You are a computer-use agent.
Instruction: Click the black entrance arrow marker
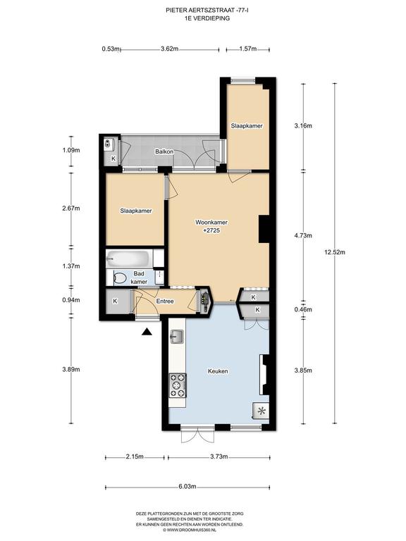[x=147, y=332]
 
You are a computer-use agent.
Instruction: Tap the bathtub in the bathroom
[x=129, y=258]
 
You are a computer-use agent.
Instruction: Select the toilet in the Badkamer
[x=118, y=278]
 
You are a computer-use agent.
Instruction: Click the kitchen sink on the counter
[x=176, y=337]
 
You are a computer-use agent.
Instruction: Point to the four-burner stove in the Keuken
[x=178, y=385]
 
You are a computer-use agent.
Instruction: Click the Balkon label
[x=164, y=151]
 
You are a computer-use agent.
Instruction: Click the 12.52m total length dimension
[x=334, y=252]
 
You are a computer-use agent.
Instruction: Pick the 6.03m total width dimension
[x=187, y=487]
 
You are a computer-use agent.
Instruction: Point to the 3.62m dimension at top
[x=169, y=49]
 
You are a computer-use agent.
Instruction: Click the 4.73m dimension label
[x=303, y=236]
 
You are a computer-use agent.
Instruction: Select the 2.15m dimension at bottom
[x=135, y=456]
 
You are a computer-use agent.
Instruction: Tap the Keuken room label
[x=218, y=371]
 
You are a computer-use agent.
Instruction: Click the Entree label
[x=165, y=301]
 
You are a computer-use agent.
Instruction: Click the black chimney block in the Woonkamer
[x=264, y=229]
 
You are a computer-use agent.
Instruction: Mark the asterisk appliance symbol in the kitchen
[x=261, y=411]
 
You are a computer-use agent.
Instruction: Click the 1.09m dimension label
[x=71, y=150]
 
